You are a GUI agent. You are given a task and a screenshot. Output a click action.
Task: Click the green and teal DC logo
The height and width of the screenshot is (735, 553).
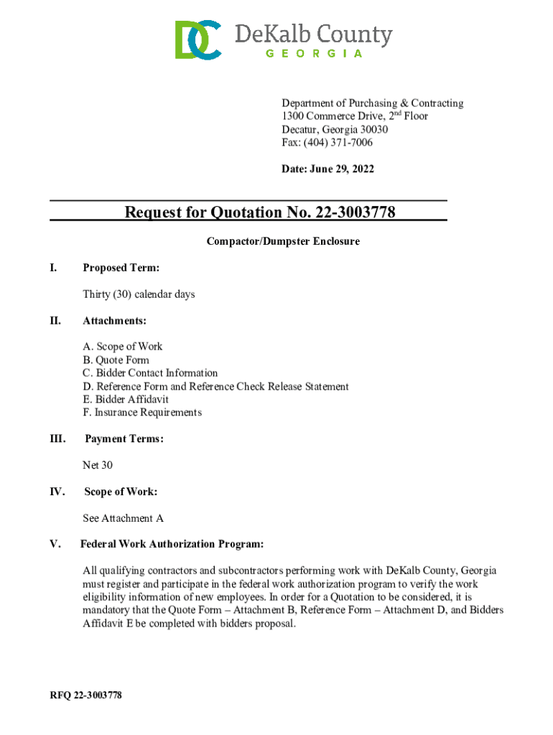coord(197,39)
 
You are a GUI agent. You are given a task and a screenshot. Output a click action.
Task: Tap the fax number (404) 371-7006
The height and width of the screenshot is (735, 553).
coord(340,143)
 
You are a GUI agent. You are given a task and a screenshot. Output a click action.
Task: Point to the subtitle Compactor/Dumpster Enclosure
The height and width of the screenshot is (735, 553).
coord(283,242)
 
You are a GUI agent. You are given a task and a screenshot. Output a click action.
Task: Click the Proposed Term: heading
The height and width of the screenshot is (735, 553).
coord(121,268)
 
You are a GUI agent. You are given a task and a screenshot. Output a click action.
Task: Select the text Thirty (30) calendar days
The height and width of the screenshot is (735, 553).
coord(139,294)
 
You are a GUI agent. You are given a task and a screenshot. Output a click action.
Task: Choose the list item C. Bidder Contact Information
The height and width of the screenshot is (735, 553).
coord(150,373)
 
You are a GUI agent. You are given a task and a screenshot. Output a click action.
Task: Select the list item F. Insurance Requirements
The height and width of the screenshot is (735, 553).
coord(142,413)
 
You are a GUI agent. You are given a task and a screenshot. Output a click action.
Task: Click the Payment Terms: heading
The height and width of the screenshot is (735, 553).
coord(124,439)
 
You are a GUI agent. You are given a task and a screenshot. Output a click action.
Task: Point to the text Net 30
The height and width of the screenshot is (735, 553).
coord(98,465)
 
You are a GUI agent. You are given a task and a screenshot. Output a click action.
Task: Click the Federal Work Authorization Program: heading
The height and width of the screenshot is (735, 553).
coord(172,544)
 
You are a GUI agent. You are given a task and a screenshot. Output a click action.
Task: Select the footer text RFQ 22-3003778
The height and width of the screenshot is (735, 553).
coord(85,696)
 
